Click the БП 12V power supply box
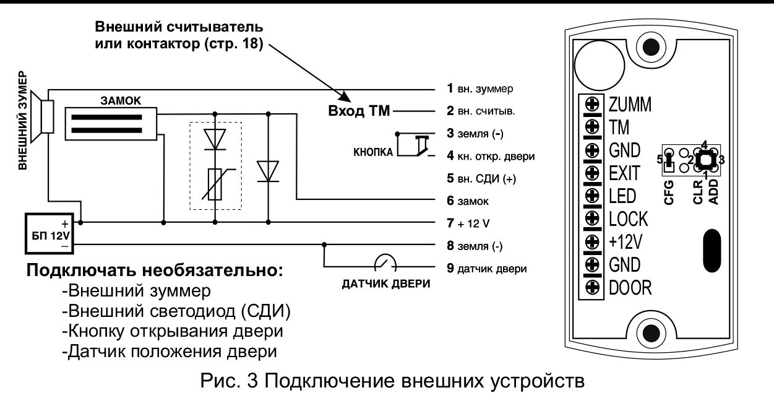tap(49, 233)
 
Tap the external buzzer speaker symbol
tap(45, 115)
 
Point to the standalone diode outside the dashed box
tap(268, 171)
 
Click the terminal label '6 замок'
tap(470, 201)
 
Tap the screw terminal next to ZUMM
tap(591, 104)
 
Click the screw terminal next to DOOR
tap(591, 287)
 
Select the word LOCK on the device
tap(628, 218)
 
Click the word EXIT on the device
tap(624, 173)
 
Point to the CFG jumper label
tap(668, 191)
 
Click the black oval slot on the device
tap(713, 249)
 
